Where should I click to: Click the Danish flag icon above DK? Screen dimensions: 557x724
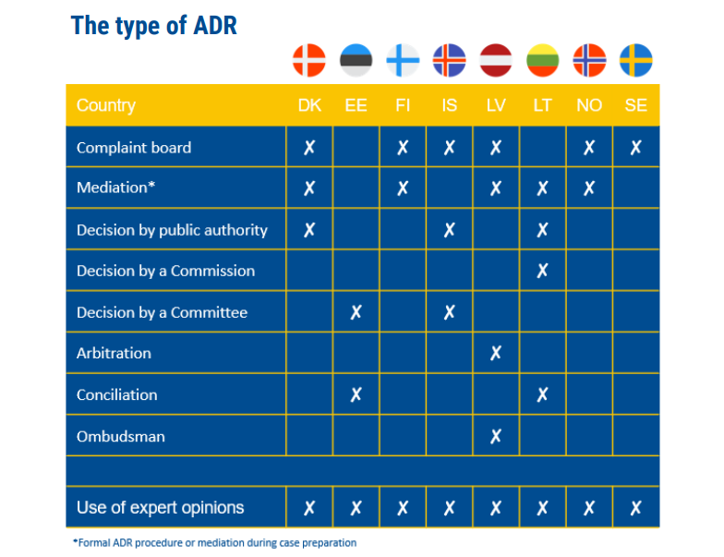pos(309,61)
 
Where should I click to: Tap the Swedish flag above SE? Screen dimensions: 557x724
pos(636,61)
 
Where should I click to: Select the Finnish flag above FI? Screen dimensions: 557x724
pos(403,61)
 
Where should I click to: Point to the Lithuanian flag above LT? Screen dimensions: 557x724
pos(542,61)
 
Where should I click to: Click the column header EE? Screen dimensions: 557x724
pos(356,105)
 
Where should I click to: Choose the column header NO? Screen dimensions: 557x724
pos(589,105)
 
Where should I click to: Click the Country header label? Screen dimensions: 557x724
pos(105,105)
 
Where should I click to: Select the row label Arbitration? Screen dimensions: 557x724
pos(114,353)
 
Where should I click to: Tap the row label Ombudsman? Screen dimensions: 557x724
pos(120,436)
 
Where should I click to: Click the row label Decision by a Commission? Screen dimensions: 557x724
pos(165,271)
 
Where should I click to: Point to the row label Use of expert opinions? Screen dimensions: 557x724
pos(160,507)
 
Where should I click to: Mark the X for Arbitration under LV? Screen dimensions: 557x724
pos(496,353)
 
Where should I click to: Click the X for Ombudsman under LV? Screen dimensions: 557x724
pos(496,436)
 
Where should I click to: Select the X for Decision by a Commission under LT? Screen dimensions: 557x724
pos(542,271)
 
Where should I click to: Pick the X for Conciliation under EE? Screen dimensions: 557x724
pos(356,394)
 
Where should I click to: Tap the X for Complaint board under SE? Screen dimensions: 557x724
pos(636,148)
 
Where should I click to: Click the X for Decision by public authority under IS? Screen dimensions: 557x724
pos(449,230)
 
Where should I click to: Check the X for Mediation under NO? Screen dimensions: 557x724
pos(589,188)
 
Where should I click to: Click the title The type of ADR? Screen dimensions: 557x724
pos(154,26)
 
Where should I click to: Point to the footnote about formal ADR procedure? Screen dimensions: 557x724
pos(214,542)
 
